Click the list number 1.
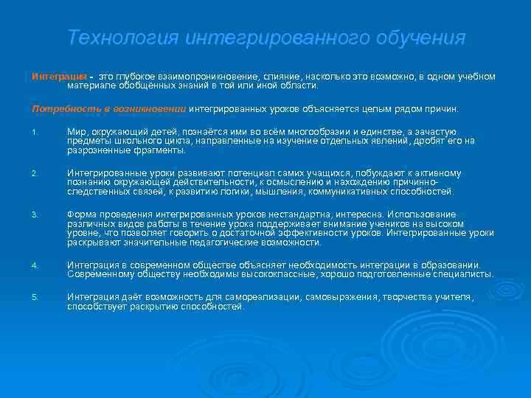[x=34, y=133]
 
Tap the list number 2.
[x=34, y=174]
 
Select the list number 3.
[x=34, y=215]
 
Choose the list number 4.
[x=34, y=265]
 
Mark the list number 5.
[x=34, y=297]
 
